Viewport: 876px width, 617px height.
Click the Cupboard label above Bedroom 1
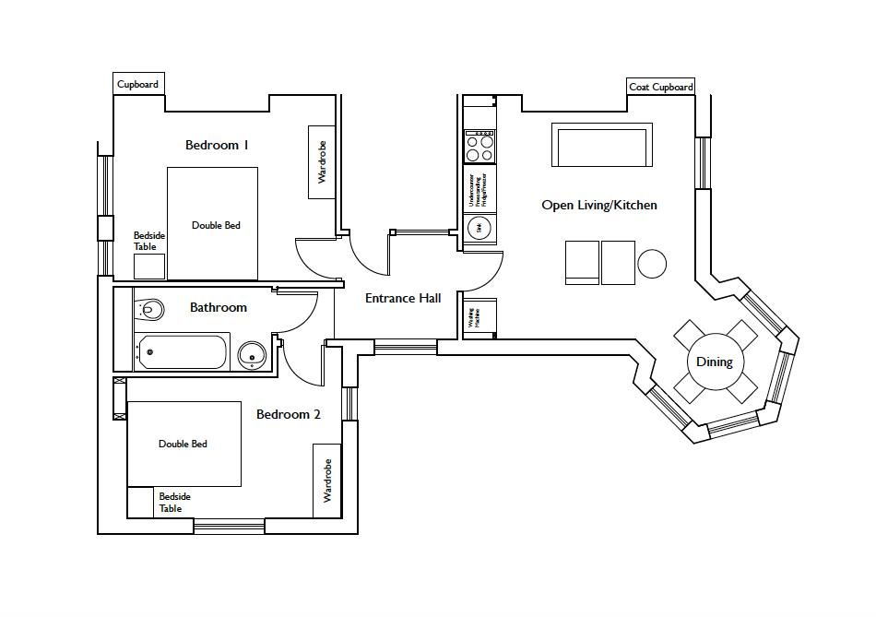pos(137,84)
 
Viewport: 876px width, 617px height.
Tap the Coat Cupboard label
pos(660,87)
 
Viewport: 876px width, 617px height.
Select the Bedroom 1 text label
pos(217,145)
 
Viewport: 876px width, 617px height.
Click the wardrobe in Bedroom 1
pos(322,161)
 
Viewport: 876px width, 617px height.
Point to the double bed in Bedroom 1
pos(212,223)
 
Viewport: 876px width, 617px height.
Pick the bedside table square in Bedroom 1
pos(149,266)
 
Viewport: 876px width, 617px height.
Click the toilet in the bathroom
pos(150,308)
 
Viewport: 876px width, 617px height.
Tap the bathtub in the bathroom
pos(183,351)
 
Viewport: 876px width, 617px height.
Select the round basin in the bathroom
pos(251,354)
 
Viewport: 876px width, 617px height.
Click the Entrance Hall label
pos(403,298)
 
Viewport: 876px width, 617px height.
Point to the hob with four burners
pos(479,146)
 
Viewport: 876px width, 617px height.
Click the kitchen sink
pos(479,228)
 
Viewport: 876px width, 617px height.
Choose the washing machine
pos(479,317)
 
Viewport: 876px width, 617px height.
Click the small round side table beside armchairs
pos(652,264)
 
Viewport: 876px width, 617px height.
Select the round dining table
pos(714,362)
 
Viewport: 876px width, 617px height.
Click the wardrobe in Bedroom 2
pos(326,480)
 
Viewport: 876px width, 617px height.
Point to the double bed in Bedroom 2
pos(183,444)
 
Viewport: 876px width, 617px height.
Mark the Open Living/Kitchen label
pos(599,205)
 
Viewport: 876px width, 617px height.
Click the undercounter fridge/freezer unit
pos(479,188)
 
